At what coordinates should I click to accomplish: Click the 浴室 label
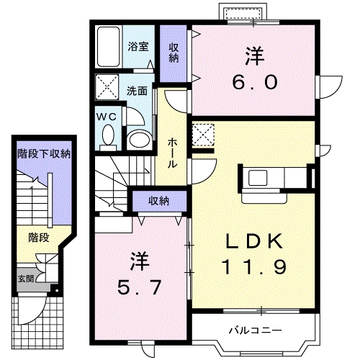point(139,47)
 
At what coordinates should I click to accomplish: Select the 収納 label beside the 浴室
point(174,52)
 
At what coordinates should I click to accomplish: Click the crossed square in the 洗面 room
point(109,90)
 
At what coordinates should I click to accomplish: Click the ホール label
point(174,153)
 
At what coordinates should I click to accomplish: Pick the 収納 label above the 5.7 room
point(159,201)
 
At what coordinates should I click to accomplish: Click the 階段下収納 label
point(44,153)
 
